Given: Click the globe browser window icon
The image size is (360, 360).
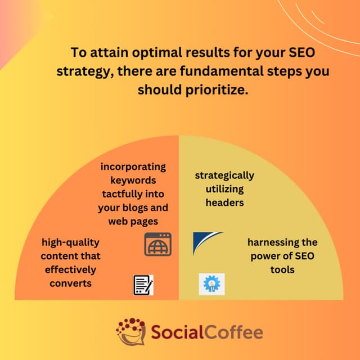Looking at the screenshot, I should [157, 244].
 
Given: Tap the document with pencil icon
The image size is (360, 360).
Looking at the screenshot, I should [143, 285].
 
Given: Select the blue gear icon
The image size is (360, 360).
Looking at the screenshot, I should [211, 284].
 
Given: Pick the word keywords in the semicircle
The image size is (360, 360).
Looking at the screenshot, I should [133, 180].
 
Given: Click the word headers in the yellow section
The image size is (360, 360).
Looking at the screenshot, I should [224, 202].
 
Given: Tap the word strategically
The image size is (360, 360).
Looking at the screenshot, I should [224, 175].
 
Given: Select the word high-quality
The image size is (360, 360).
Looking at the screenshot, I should [70, 242].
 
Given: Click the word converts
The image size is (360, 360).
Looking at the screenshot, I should [70, 282].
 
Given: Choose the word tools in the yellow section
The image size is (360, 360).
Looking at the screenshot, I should [281, 269].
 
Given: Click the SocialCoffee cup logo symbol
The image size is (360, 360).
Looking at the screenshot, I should [131, 331].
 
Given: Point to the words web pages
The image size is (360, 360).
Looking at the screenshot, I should [133, 221].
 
